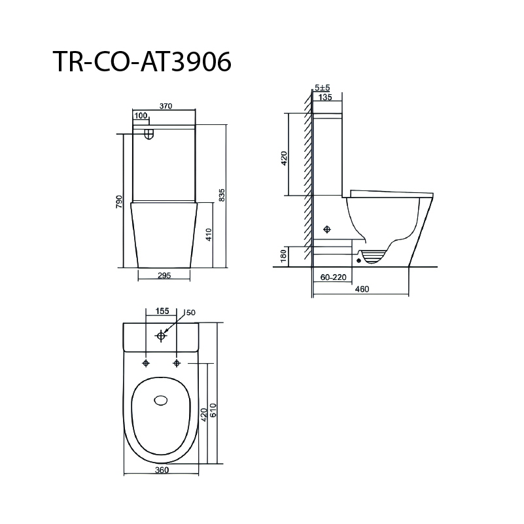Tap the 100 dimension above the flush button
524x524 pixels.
[x=141, y=116]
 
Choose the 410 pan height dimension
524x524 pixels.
[x=208, y=235]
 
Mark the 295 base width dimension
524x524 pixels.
[x=164, y=275]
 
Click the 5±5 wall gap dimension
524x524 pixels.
[x=322, y=88]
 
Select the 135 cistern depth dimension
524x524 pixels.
[x=325, y=97]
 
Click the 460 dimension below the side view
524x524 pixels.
[x=362, y=288]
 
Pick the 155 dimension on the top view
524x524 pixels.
[x=162, y=312]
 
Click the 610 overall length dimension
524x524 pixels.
[x=213, y=411]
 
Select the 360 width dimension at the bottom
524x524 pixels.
[x=162, y=470]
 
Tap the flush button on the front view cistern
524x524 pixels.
[x=149, y=133]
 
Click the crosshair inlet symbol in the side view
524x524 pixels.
[x=328, y=230]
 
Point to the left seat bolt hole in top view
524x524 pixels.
[x=146, y=362]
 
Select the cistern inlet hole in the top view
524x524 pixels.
[x=161, y=336]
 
